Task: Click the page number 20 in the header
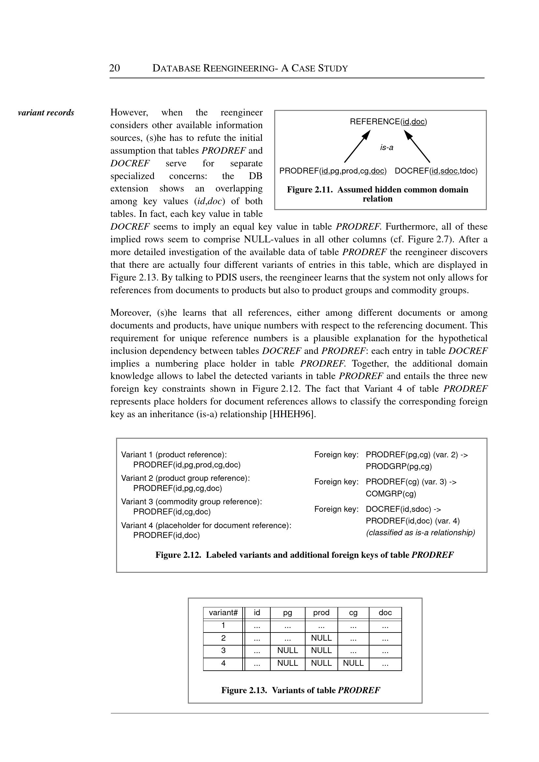[114, 68]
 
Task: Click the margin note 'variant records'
[46, 113]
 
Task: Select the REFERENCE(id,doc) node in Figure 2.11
[388, 122]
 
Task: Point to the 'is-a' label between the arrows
[387, 147]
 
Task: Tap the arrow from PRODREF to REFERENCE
[357, 146]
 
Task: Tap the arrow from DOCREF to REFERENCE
[417, 146]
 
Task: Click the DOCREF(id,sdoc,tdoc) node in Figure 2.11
[436, 171]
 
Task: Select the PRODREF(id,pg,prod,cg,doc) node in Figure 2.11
[333, 171]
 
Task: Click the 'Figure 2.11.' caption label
[310, 190]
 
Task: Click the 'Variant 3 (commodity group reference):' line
[191, 501]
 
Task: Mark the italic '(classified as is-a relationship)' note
[421, 533]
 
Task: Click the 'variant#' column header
[223, 613]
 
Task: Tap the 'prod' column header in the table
[321, 613]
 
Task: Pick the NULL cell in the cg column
[353, 663]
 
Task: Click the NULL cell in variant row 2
[321, 638]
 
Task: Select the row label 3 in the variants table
[223, 650]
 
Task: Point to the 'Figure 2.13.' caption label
[244, 690]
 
